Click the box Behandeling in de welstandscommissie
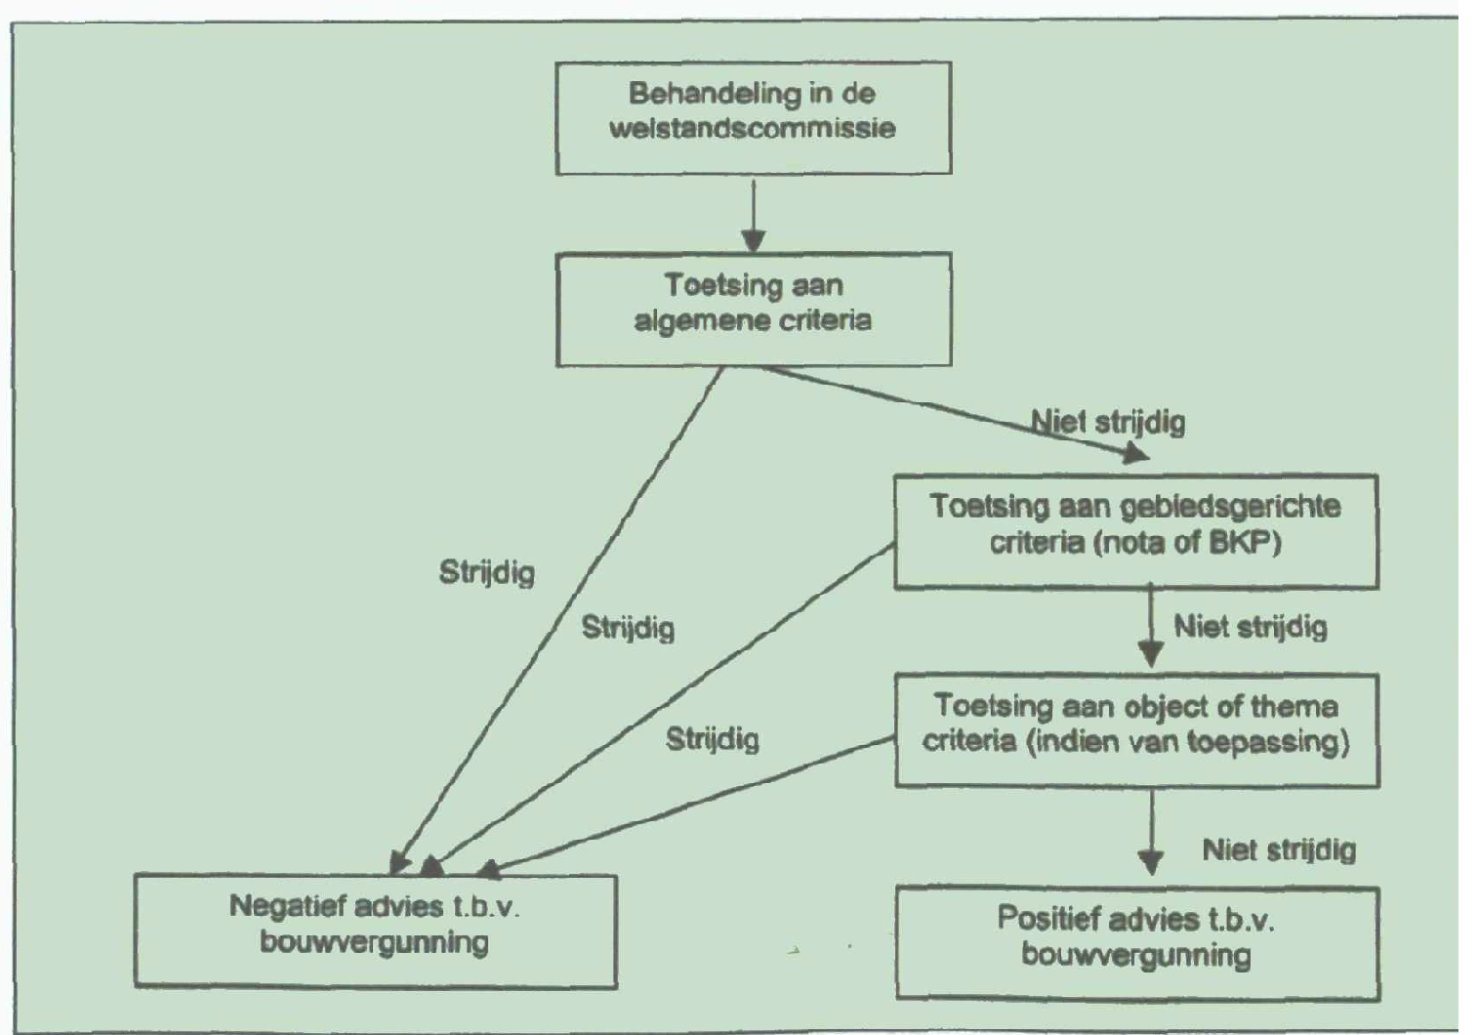coord(753,118)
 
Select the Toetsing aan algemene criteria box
coord(753,310)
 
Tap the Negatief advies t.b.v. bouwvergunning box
coord(375,931)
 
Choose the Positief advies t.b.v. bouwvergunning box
coord(1136,942)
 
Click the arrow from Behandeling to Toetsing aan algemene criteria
coord(753,215)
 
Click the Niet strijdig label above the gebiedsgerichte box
coord(1109,423)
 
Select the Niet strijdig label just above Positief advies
coord(1279,850)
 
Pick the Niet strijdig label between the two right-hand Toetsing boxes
coord(1251,627)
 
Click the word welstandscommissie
coord(753,129)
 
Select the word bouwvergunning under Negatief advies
coord(375,943)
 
